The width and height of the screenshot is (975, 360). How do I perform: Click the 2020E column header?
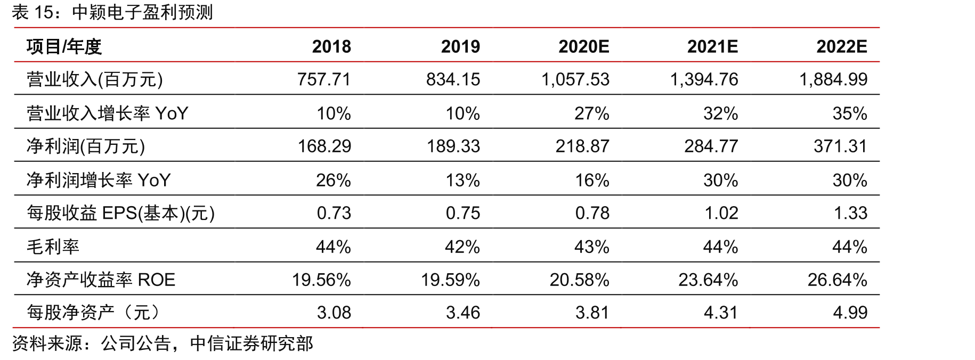pos(583,47)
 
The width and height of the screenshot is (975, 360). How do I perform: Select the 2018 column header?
pos(331,47)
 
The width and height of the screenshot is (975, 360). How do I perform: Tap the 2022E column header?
pos(842,47)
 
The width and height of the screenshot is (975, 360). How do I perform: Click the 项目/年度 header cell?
pos(64,47)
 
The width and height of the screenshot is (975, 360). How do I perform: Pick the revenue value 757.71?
pos(324,79)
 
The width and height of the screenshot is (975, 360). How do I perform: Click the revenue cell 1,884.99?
pos(833,79)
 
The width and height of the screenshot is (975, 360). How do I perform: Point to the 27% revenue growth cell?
pos(591,113)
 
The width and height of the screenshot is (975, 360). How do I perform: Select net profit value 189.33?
pos(453,146)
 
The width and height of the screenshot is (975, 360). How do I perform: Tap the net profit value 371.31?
pos(840,146)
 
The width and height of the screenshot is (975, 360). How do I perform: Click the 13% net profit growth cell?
pos(462,181)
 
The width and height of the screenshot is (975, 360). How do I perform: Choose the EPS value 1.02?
pos(721,213)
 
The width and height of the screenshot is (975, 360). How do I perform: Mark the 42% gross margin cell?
pos(462,247)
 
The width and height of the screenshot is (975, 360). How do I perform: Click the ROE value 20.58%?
pos(579,280)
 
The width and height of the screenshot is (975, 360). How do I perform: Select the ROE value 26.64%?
pos(838,280)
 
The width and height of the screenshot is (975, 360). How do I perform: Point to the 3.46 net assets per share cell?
pos(463,313)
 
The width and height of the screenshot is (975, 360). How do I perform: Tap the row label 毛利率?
pos(53,247)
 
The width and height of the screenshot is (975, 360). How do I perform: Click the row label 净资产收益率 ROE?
pos(101,280)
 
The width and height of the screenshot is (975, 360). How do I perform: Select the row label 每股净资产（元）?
pos(93,313)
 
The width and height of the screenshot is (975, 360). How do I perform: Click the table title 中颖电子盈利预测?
pos(142,13)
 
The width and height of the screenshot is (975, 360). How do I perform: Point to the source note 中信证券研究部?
pos(251,343)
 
